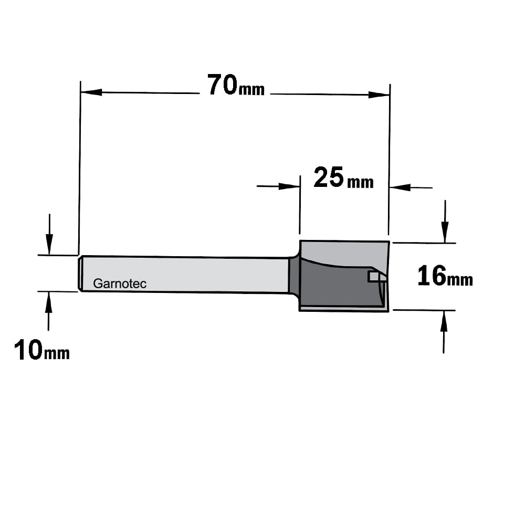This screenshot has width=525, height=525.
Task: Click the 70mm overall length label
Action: coord(236,86)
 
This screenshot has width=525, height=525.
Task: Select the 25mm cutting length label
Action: coord(343,177)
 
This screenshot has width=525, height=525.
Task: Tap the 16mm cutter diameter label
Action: coord(445,276)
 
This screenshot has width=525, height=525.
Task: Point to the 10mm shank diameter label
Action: coord(42,350)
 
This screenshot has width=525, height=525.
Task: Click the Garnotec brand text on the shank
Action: coord(120,283)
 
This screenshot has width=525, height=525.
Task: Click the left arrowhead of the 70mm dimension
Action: coord(91,92)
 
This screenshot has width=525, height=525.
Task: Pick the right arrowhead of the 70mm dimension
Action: coord(379,94)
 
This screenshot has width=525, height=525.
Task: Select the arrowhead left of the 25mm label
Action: coord(289,186)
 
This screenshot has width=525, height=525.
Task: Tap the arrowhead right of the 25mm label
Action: coord(400,187)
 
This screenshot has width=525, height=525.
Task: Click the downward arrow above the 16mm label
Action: coord(445,222)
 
